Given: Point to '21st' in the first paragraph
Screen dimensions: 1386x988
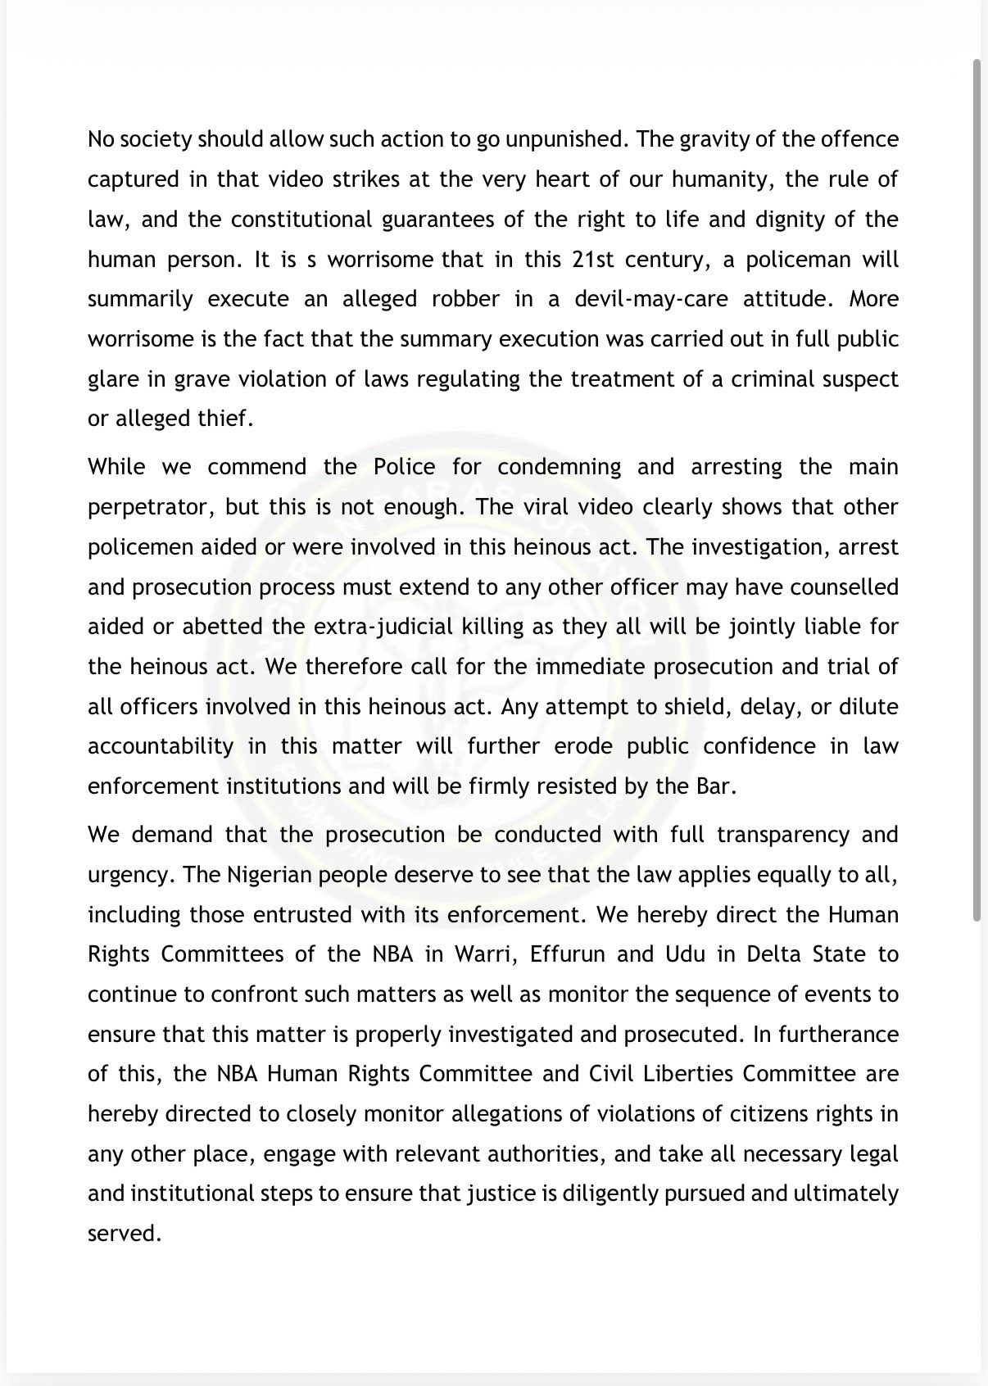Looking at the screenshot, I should (597, 260).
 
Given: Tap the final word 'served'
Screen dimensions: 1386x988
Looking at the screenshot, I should (123, 1234).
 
